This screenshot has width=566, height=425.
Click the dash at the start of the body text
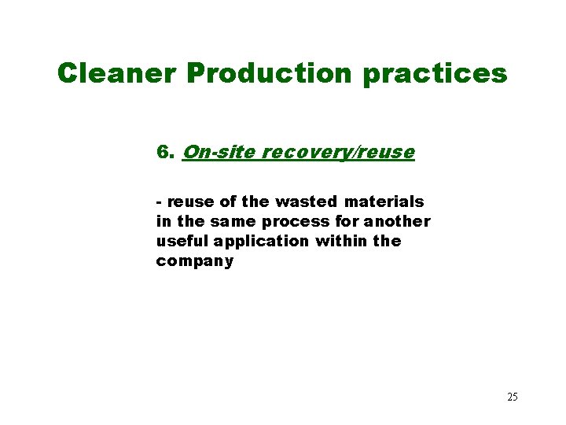(160, 202)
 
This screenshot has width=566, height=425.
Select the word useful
(180, 241)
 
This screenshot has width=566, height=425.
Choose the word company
(195, 261)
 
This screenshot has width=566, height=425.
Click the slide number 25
(512, 397)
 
